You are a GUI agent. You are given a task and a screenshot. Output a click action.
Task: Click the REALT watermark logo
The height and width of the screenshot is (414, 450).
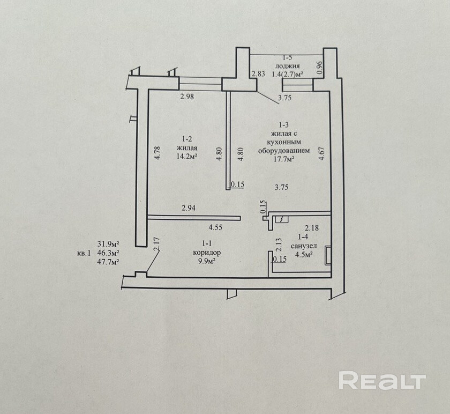(x=382, y=381)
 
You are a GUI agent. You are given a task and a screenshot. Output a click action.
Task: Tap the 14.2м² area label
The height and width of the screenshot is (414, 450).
(x=187, y=157)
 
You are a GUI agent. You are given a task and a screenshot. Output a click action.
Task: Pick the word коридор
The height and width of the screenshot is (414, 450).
(x=206, y=252)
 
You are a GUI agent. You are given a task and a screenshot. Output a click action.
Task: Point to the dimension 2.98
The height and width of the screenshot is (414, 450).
(x=186, y=97)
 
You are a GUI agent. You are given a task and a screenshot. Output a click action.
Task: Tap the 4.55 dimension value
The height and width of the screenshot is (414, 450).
(x=216, y=227)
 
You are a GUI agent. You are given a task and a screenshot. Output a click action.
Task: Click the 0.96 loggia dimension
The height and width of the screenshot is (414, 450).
(x=319, y=66)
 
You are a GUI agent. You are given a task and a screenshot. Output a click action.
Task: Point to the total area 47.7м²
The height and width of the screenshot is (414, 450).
(x=108, y=262)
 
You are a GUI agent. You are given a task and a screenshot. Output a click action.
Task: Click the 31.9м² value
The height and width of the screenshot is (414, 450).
(x=108, y=243)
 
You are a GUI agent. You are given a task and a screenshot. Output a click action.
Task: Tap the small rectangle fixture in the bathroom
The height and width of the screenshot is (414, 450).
(x=327, y=256)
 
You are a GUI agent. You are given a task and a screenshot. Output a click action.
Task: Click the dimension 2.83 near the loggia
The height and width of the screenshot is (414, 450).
(x=258, y=75)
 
